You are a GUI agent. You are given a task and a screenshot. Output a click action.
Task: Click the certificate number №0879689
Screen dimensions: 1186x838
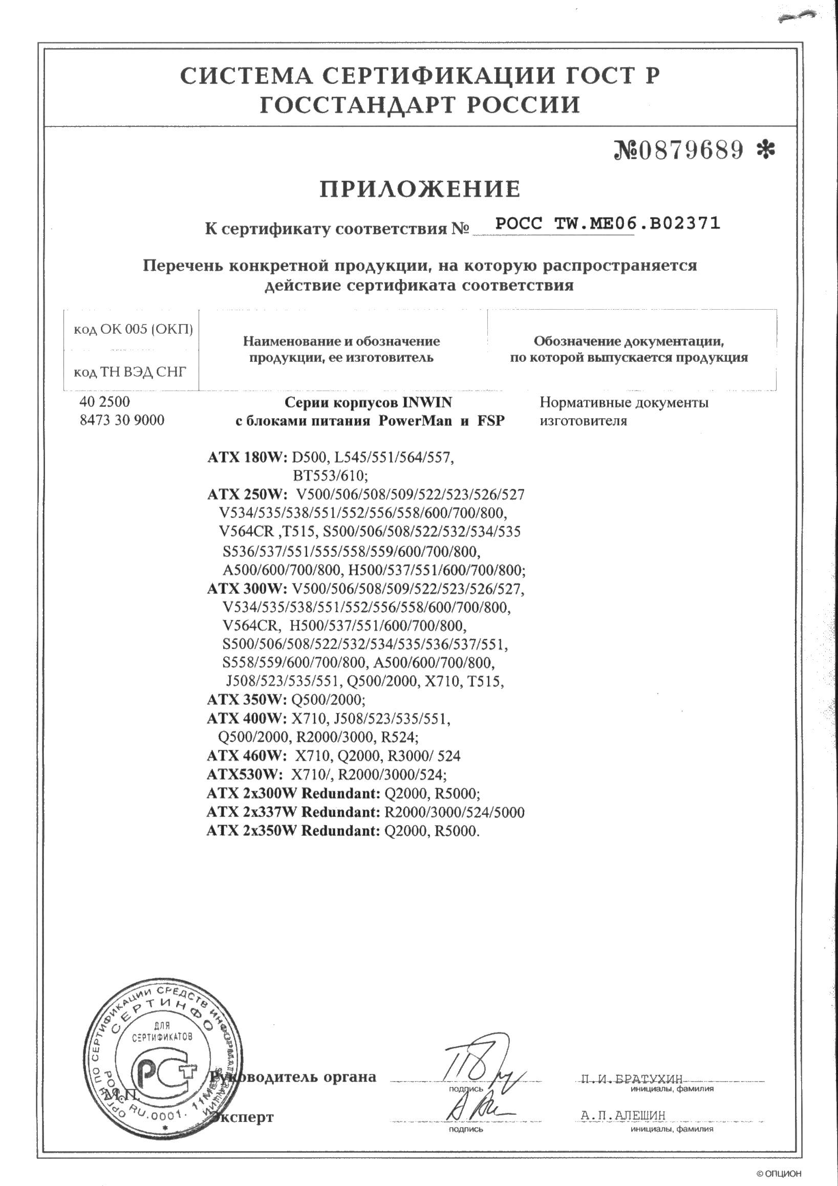pyautogui.click(x=678, y=150)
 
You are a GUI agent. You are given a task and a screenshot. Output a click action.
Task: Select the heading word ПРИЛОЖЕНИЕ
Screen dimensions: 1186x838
pyautogui.click(x=420, y=189)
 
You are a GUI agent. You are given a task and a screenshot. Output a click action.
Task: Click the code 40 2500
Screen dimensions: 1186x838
pyautogui.click(x=105, y=401)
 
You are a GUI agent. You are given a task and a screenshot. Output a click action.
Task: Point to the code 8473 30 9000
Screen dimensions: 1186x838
pyautogui.click(x=122, y=420)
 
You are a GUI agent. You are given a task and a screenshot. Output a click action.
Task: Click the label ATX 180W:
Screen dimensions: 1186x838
pyautogui.click(x=247, y=457)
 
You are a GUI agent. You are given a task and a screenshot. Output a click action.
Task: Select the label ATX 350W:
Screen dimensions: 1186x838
pyautogui.click(x=246, y=699)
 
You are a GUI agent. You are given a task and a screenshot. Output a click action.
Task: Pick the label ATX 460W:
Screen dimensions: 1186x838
pyautogui.click(x=246, y=756)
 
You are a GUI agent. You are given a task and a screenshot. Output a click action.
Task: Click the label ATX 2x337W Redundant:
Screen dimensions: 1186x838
pyautogui.click(x=293, y=812)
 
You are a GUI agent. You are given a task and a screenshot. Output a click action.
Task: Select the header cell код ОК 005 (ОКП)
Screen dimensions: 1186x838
pyautogui.click(x=133, y=329)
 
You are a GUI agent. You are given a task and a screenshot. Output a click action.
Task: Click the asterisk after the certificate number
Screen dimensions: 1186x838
pyautogui.click(x=765, y=150)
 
